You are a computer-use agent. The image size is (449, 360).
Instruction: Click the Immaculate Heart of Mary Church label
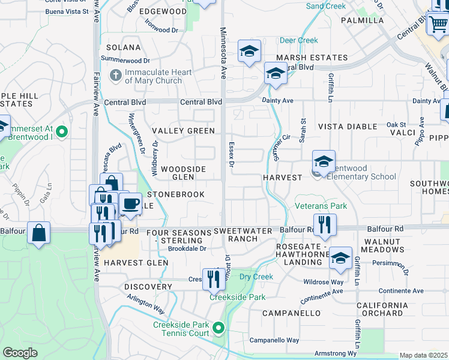158,76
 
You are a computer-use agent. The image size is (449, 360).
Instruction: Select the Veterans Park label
321,206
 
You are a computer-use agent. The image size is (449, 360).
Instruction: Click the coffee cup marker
130,203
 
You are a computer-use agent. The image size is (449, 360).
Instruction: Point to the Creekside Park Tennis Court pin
218,328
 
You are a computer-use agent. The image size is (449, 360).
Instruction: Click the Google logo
20,352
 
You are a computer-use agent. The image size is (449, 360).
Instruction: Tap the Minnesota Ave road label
223,53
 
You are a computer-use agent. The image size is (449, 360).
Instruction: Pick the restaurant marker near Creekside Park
213,278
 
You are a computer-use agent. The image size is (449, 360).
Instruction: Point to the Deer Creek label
299,41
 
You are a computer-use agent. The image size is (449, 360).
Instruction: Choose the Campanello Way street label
274,340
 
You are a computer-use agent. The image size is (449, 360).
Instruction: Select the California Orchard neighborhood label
380,309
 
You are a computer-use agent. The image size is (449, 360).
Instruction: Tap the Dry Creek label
256,277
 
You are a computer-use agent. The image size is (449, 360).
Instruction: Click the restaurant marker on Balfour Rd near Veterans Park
325,225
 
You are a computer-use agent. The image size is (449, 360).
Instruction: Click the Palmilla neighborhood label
362,20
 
